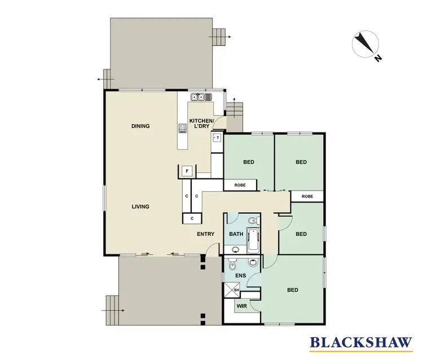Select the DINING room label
tap(140, 126)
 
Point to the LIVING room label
tap(140, 207)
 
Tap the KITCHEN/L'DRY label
tap(201, 124)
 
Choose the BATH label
tap(235, 234)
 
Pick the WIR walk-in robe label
tap(242, 306)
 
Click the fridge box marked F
tap(186, 171)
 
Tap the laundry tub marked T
tap(218, 137)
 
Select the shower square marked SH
tap(229, 290)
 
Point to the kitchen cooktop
tap(183, 129)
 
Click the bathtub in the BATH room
tap(254, 240)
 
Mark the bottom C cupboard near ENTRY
tap(192, 218)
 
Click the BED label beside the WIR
tap(292, 290)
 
